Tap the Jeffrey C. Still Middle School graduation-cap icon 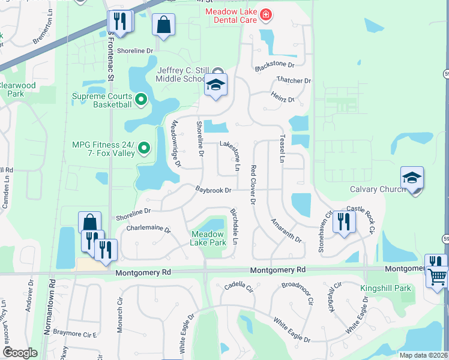point(216,85)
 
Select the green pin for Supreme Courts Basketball point(141,98)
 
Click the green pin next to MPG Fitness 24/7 point(144,147)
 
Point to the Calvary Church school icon point(412,178)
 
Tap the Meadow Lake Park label point(208,238)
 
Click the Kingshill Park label point(386,289)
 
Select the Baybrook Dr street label point(213,190)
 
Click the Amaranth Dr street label point(286,230)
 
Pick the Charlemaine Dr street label point(148,229)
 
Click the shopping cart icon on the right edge point(438,277)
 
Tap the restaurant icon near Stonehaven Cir point(344,221)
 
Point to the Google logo point(20,353)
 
